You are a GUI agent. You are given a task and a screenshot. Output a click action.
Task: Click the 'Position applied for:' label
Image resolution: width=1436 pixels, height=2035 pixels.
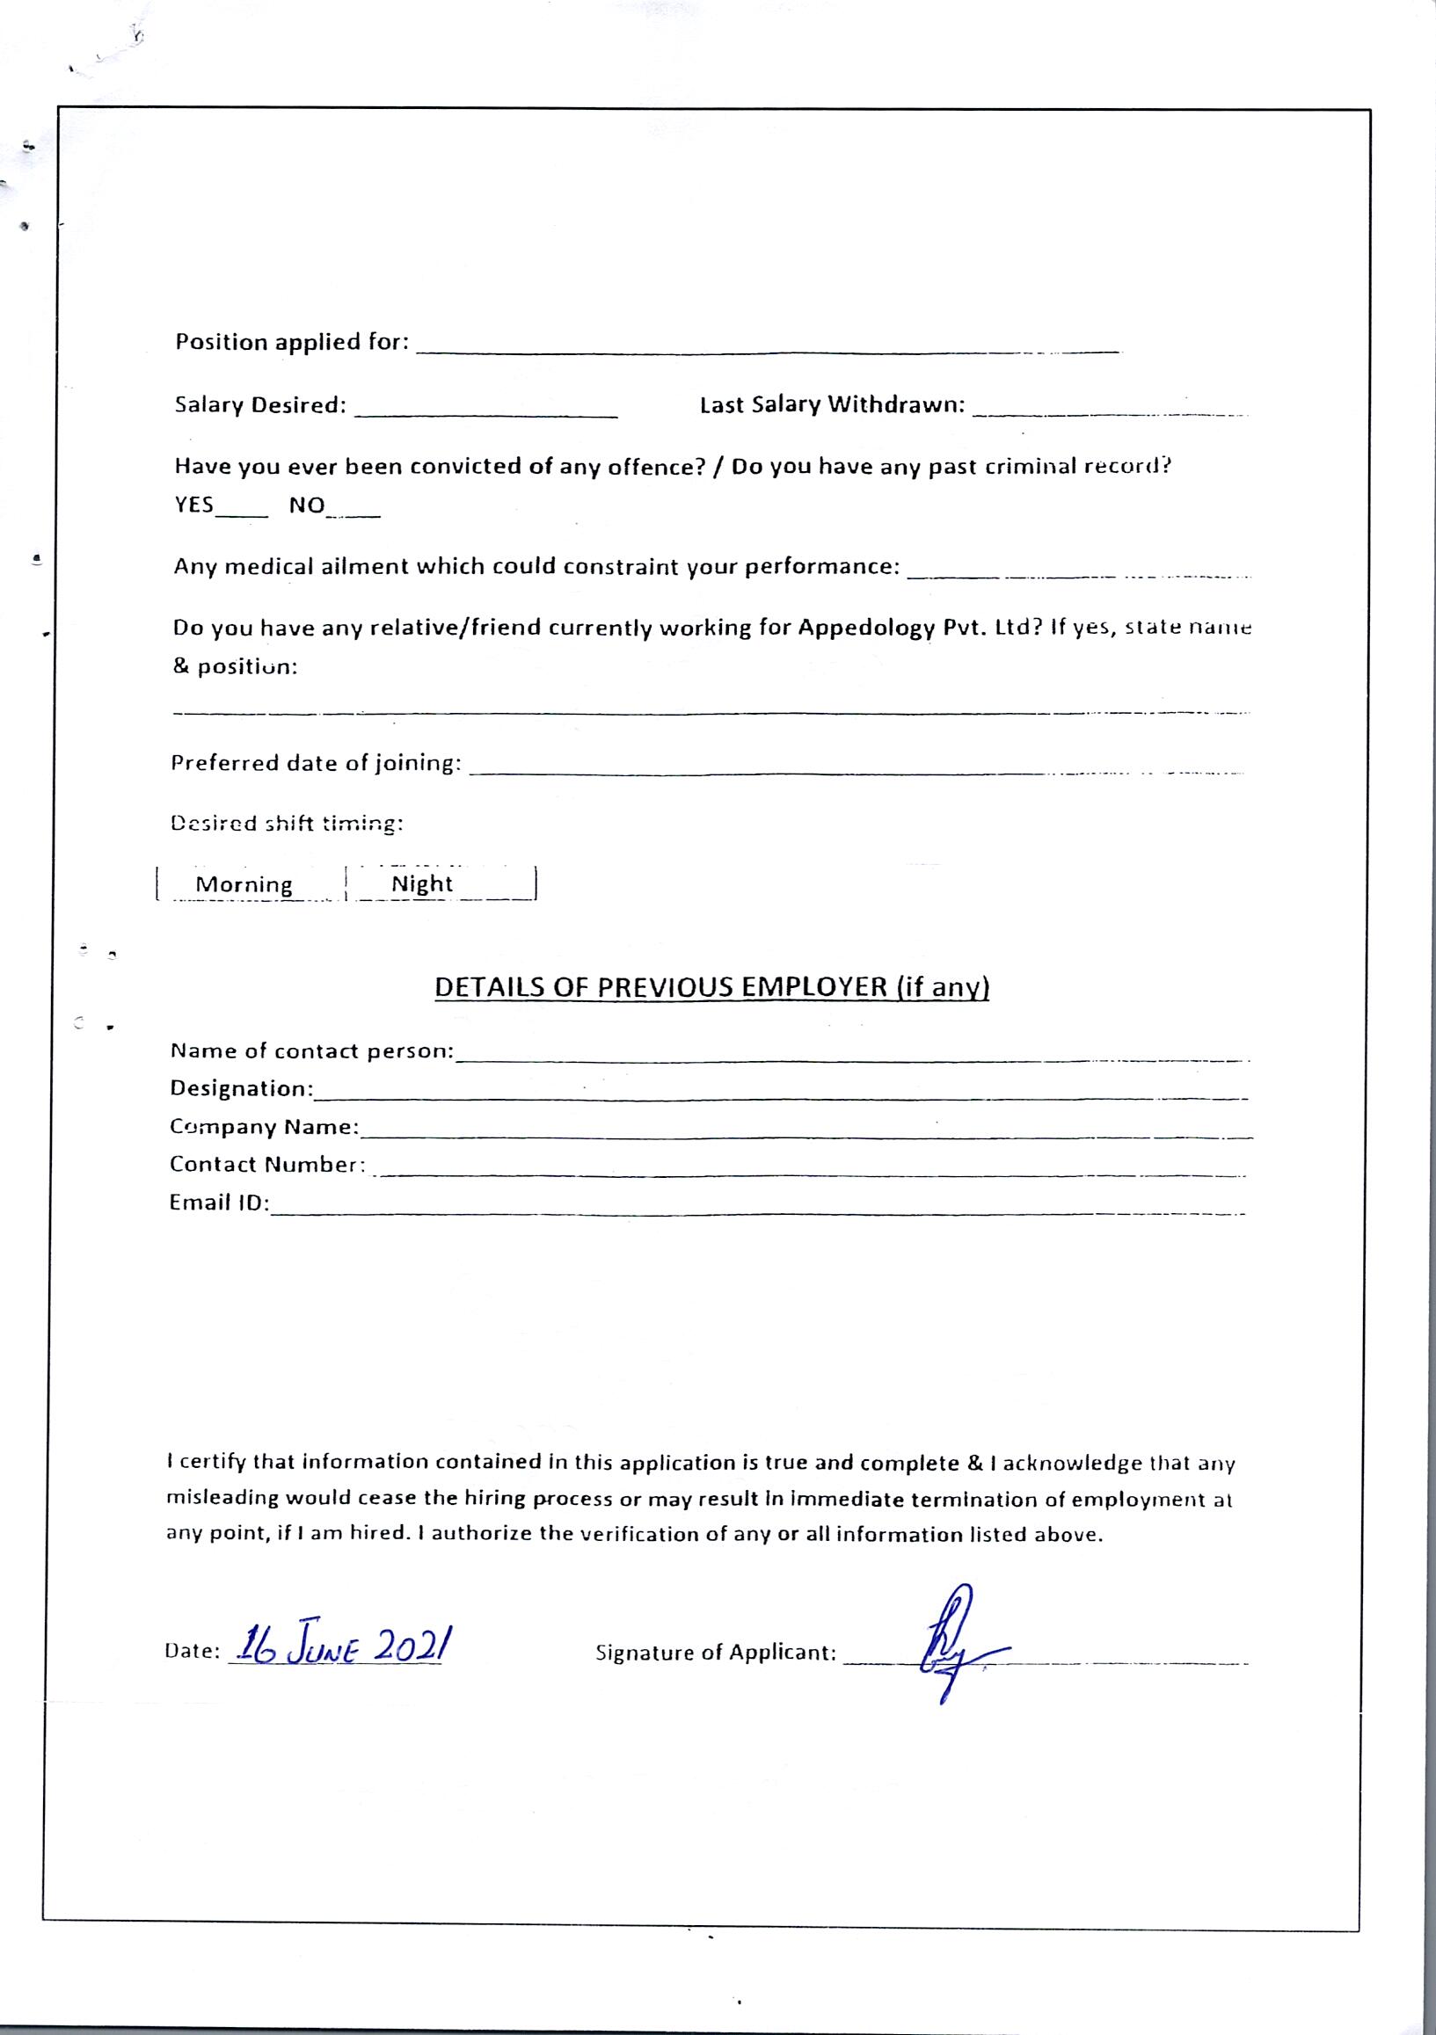(x=292, y=342)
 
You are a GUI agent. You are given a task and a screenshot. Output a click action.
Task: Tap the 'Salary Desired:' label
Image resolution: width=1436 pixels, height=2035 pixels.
(x=259, y=405)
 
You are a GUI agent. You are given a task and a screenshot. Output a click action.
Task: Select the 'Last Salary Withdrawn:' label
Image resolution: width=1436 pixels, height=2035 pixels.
(x=832, y=405)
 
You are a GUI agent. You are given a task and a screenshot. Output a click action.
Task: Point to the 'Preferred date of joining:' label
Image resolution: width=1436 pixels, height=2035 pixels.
(x=316, y=763)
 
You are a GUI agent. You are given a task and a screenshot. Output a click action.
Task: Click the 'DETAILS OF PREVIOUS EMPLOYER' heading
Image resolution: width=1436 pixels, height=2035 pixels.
(x=711, y=987)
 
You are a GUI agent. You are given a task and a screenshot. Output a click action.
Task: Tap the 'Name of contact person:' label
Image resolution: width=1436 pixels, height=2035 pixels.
(x=311, y=1051)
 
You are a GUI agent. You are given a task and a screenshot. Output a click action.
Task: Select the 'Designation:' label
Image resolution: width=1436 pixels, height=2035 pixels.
(x=241, y=1088)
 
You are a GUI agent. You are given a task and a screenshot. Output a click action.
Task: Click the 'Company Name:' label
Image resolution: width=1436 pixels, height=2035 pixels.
(x=264, y=1127)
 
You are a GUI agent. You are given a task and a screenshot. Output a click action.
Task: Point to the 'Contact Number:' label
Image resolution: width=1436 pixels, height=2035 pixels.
(x=266, y=1165)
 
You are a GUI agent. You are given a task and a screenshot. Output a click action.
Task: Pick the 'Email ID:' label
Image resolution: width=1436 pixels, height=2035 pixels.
(x=219, y=1203)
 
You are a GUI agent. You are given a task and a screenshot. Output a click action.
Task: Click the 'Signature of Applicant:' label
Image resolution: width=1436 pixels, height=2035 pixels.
(x=715, y=1653)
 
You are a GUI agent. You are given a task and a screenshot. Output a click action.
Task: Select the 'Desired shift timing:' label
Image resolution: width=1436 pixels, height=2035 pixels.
(x=287, y=825)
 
